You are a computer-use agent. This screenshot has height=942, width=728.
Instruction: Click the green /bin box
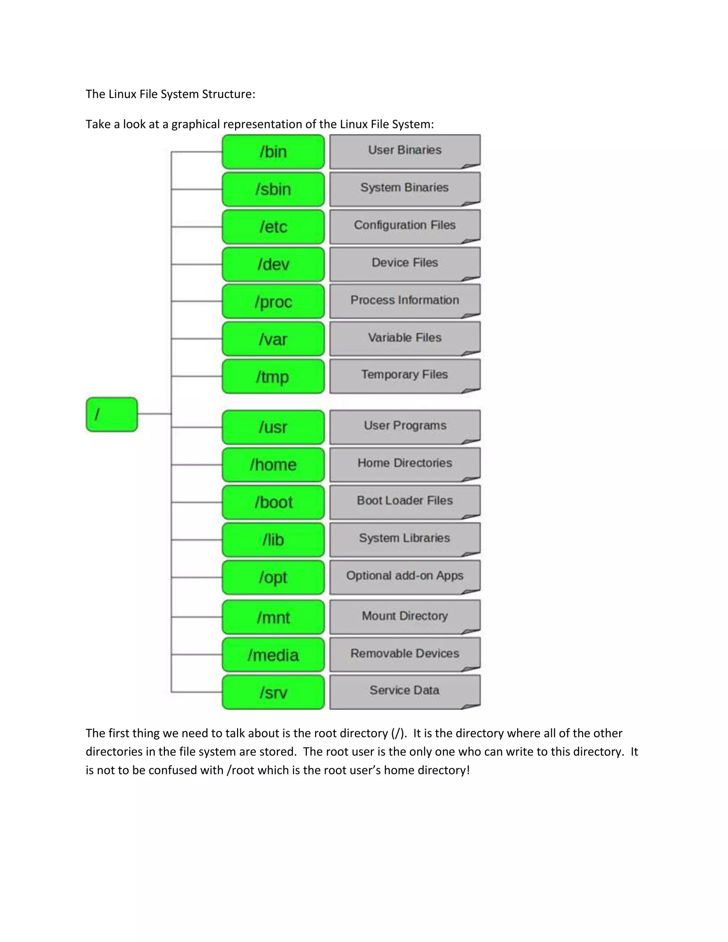click(x=273, y=152)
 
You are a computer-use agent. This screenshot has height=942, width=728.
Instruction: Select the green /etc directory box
click(x=273, y=227)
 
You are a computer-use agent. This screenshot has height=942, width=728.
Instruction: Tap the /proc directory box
click(x=273, y=301)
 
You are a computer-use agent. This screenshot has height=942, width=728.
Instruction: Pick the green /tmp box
click(x=273, y=376)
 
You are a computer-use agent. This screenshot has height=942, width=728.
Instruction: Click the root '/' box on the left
click(x=112, y=414)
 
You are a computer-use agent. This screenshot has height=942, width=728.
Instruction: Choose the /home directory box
click(x=273, y=465)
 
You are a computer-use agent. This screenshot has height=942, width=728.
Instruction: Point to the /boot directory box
click(x=273, y=502)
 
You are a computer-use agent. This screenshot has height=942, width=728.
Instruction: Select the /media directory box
click(x=273, y=655)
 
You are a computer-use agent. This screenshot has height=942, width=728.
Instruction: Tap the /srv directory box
click(x=273, y=692)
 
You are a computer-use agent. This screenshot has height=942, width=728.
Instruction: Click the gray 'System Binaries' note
click(x=405, y=188)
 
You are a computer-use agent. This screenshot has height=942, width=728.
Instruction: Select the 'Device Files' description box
click(x=405, y=263)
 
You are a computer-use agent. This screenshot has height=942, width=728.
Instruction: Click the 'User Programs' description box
click(x=405, y=426)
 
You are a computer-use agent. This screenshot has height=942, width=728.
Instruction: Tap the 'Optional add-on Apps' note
click(x=405, y=576)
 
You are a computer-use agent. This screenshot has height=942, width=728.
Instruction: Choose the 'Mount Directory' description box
click(x=405, y=616)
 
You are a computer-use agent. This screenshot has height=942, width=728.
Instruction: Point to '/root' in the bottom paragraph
click(x=240, y=770)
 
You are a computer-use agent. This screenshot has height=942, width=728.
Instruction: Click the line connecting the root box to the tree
click(x=154, y=414)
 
